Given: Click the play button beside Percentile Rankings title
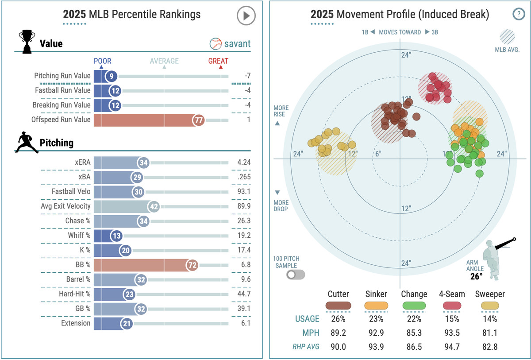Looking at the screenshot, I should pyautogui.click(x=246, y=16).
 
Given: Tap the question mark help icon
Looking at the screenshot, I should pyautogui.click(x=518, y=14).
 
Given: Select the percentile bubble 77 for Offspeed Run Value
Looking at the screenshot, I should pyautogui.click(x=198, y=120).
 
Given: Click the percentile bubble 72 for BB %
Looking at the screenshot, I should pyautogui.click(x=192, y=265).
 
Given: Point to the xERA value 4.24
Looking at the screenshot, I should pyautogui.click(x=244, y=162).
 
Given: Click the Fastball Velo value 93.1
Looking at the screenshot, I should pyautogui.click(x=244, y=191).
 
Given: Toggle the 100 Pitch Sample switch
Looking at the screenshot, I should pyautogui.click(x=296, y=275).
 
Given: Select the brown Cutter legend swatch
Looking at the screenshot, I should pyautogui.click(x=339, y=306).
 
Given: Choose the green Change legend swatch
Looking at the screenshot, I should pyautogui.click(x=414, y=306).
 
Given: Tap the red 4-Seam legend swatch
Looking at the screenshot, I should pyautogui.click(x=451, y=306).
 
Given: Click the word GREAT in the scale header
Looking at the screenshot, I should pyautogui.click(x=218, y=61).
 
